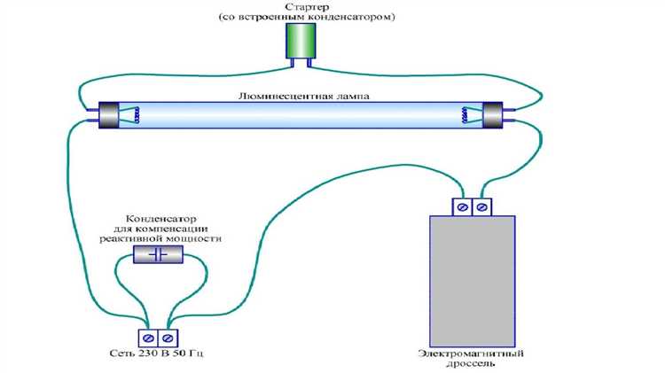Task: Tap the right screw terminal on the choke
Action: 481,206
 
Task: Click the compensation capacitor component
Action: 158,255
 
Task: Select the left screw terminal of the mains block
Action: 147,337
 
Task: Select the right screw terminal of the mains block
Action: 167,337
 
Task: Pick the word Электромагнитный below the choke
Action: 471,354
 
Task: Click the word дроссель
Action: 471,366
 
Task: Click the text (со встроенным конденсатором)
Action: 307,17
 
